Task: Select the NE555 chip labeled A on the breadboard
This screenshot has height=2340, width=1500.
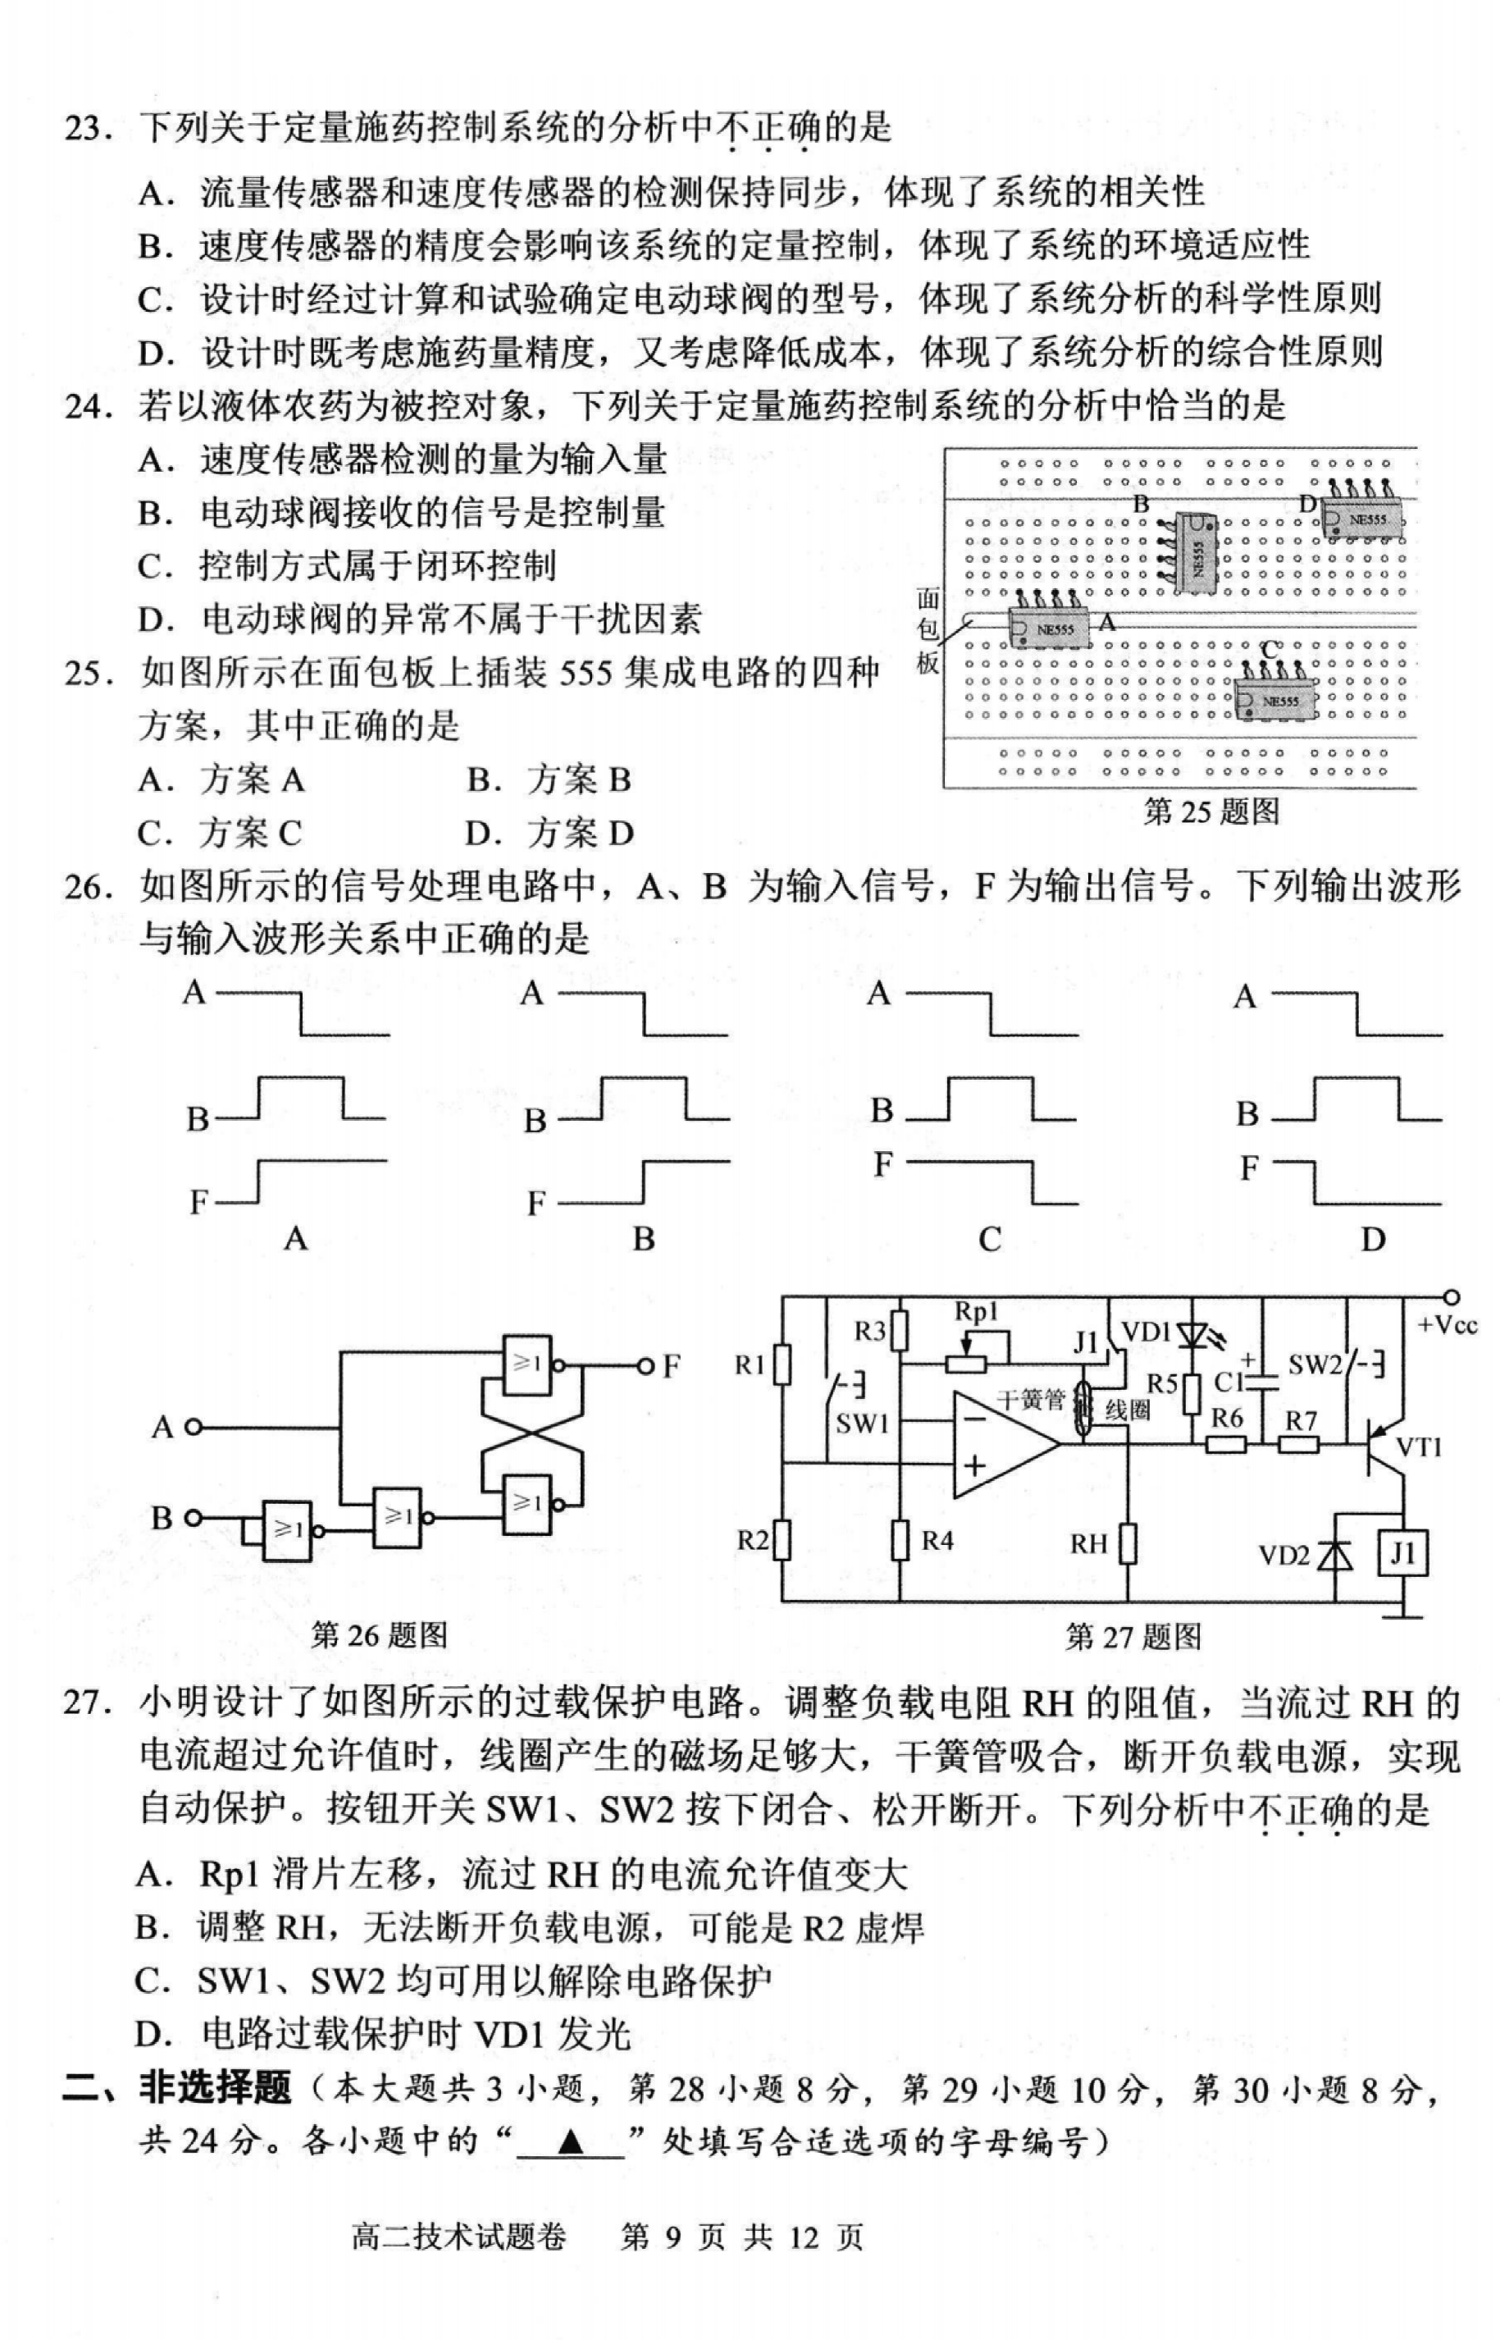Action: point(1047,628)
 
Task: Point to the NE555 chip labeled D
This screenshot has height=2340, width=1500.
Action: point(1364,520)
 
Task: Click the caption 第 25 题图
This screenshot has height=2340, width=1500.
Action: point(1210,811)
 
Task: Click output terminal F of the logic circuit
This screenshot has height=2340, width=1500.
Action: point(644,1367)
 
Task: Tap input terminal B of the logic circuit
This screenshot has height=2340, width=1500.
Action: point(193,1518)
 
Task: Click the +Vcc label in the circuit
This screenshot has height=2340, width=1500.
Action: point(1447,1325)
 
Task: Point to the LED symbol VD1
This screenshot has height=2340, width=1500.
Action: point(1192,1332)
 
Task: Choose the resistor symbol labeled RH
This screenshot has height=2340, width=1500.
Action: point(1128,1544)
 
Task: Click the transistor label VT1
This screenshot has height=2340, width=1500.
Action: point(1418,1447)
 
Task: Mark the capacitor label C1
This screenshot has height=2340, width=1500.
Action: point(1229,1382)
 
